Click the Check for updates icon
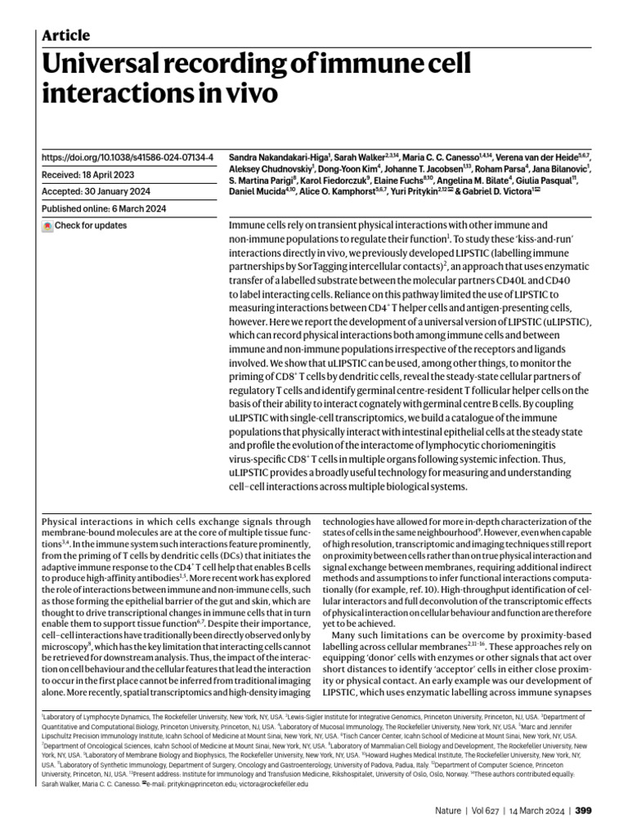(47, 226)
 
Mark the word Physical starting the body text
(61, 521)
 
